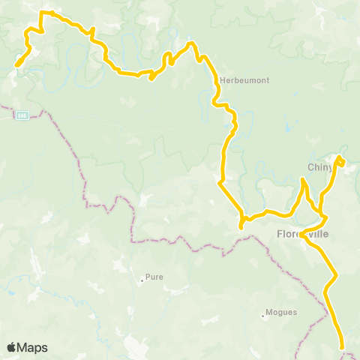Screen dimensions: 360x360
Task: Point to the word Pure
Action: (154, 276)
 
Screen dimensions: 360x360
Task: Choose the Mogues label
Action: (281, 313)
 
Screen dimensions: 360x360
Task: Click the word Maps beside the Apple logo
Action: (32, 347)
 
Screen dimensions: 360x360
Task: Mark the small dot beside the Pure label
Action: (142, 281)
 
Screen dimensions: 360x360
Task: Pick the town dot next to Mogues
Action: (262, 316)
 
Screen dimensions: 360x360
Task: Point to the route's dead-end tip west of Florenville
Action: (241, 226)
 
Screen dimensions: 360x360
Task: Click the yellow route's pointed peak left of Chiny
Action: (303, 180)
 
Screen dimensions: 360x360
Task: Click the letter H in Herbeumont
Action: (224, 80)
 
